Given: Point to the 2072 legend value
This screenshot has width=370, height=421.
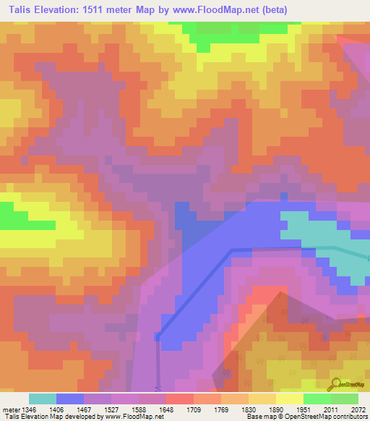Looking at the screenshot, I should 358,409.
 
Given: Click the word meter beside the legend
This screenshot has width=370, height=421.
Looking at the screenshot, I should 9,409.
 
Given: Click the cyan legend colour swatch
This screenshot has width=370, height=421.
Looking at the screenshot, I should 42,399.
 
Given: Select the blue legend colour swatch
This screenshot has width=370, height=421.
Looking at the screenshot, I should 69,399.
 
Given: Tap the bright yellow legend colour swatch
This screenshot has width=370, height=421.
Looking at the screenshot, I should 289,399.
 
